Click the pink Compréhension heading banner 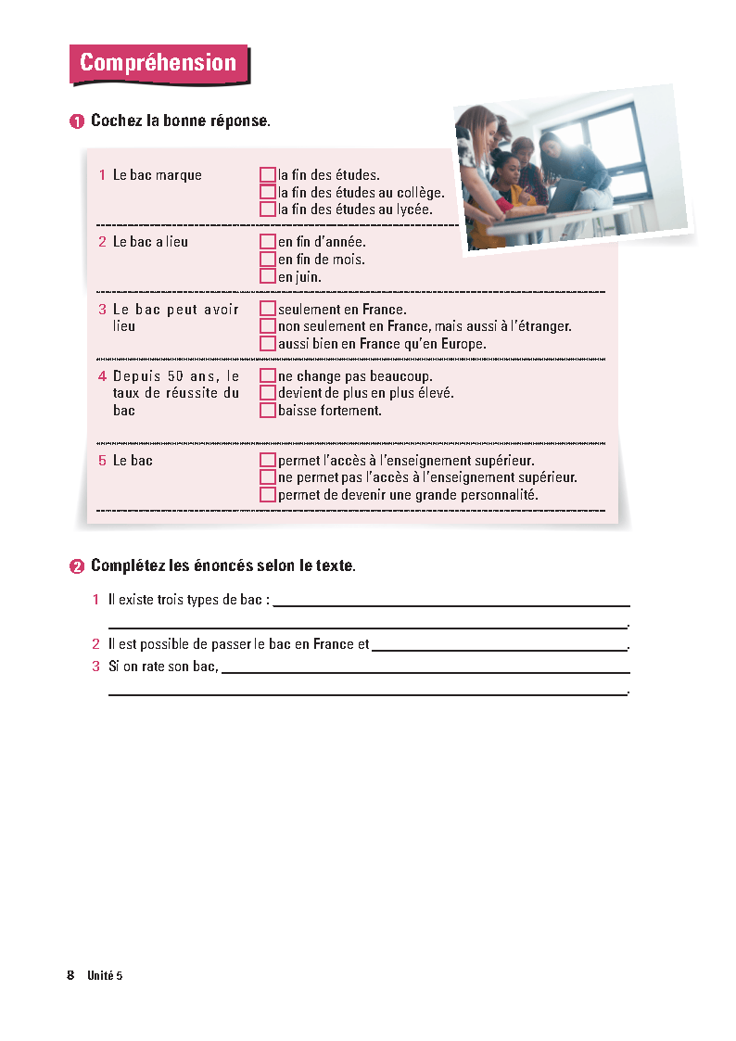(x=159, y=63)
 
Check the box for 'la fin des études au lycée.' (x=268, y=209)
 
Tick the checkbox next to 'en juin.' (x=268, y=276)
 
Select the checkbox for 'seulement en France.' (x=268, y=310)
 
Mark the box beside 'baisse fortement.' (x=268, y=410)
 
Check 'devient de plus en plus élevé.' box (x=268, y=393)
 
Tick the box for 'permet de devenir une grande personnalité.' (x=268, y=495)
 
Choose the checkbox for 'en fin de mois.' (x=268, y=260)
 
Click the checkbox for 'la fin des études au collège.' (x=268, y=193)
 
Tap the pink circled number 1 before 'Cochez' (x=77, y=121)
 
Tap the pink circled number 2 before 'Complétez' (x=77, y=565)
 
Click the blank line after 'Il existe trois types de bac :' (x=451, y=602)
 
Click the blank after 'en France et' (x=500, y=646)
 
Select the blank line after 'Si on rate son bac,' (x=425, y=668)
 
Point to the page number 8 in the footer (x=70, y=975)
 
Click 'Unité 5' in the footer (x=105, y=975)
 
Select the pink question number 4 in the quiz (x=103, y=376)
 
